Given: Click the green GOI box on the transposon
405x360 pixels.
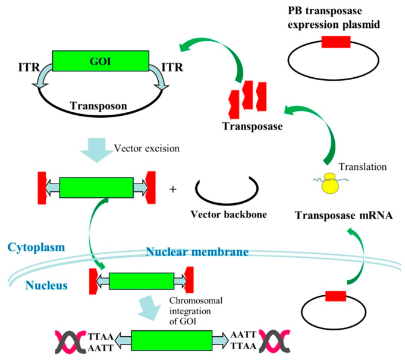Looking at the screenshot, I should point(101,60).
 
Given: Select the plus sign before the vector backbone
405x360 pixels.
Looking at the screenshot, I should point(173,190).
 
